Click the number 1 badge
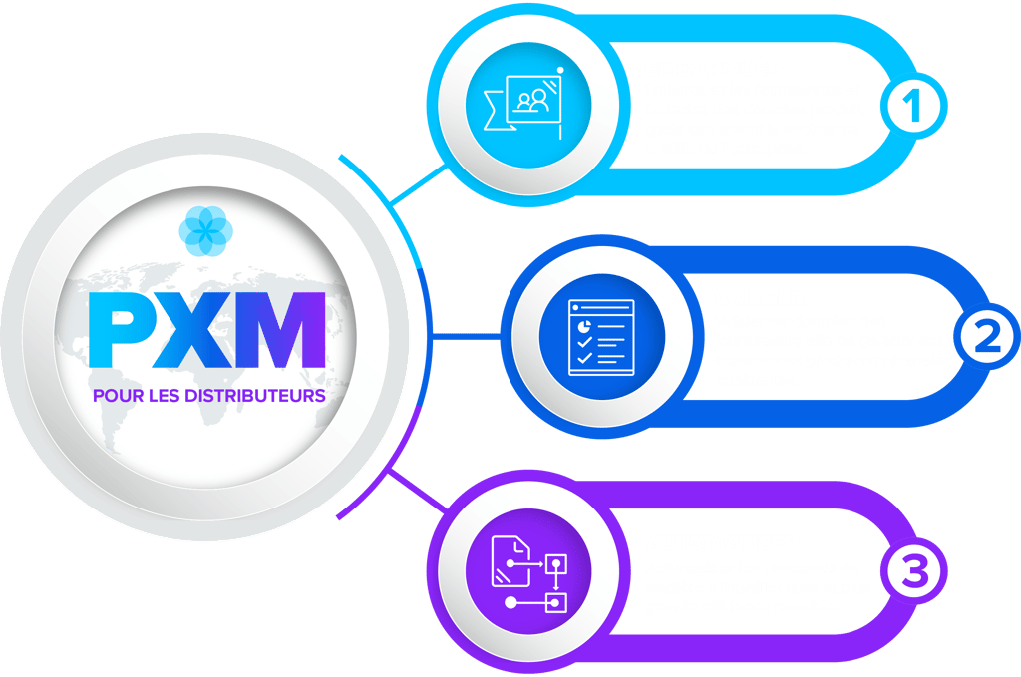(x=913, y=106)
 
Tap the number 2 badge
(x=987, y=337)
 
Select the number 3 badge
(x=914, y=571)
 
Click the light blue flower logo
(x=205, y=231)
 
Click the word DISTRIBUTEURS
(x=255, y=396)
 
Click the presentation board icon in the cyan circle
(x=523, y=103)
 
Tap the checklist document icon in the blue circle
(x=601, y=337)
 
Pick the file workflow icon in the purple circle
(x=528, y=574)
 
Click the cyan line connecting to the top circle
(x=419, y=184)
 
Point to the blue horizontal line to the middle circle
(x=467, y=337)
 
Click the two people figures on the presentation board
(x=532, y=100)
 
